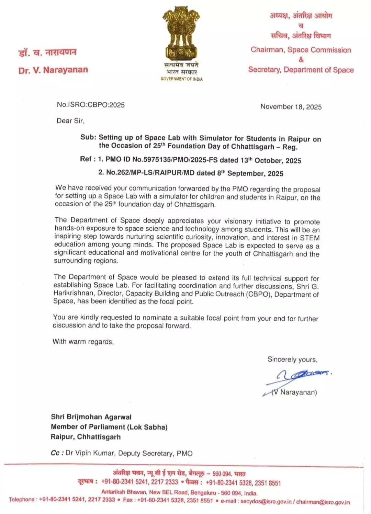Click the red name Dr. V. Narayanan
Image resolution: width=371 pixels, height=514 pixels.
[53, 70]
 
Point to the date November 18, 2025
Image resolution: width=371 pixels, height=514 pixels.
[291, 107]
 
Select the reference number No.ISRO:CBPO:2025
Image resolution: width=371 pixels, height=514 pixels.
[91, 105]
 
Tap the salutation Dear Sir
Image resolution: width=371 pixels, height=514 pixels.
[70, 121]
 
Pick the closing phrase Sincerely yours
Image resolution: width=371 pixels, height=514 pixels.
[292, 359]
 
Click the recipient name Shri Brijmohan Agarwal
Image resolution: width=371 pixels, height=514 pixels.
[91, 417]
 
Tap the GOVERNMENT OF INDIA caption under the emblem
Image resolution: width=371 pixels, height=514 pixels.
[181, 79]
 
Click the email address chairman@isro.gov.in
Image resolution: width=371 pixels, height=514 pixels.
[323, 502]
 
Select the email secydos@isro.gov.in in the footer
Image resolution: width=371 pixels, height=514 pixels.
[266, 501]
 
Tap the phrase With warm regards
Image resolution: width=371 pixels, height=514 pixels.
[83, 342]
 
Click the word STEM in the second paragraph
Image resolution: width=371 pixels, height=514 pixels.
[310, 238]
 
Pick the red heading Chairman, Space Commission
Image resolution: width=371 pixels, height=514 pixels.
[301, 50]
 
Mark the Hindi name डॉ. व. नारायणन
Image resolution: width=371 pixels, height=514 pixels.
[47, 53]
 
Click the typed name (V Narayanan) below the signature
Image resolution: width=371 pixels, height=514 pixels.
[294, 392]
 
